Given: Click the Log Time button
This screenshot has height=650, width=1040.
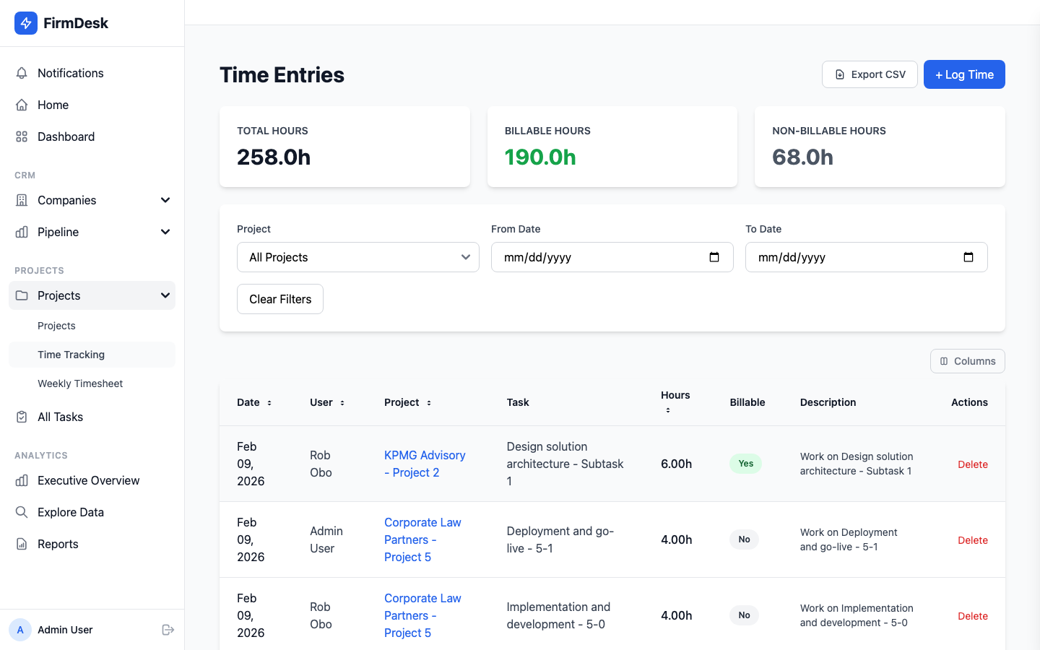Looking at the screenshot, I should [964, 74].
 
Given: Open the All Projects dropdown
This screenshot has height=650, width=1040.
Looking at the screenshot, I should [357, 257].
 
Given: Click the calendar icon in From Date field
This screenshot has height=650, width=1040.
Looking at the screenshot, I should [714, 257].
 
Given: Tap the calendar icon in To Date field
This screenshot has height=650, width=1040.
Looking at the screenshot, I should [968, 257].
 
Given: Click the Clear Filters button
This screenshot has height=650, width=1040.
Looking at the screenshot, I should [280, 299].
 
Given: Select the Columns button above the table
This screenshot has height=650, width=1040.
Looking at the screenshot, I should [967, 361].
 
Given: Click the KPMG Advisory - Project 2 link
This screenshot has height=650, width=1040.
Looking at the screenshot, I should [424, 464].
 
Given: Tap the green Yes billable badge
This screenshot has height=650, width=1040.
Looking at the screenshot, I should [745, 464].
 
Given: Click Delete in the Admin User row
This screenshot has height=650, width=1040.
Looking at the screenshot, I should [972, 540].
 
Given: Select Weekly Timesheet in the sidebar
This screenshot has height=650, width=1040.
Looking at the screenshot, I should [80, 383].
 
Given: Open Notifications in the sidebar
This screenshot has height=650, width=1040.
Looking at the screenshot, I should [70, 73].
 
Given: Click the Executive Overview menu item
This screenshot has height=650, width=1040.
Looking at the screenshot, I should [88, 480].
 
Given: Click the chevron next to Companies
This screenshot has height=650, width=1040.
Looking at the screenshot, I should [165, 200].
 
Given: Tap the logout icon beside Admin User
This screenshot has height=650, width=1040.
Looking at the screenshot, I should [168, 630].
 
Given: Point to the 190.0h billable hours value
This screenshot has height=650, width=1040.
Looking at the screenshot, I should [540, 157].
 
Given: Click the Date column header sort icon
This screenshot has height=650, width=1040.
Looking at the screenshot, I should [269, 403].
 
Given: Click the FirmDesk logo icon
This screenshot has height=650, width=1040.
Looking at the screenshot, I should [26, 23].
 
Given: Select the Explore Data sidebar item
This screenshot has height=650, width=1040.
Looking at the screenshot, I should [70, 512].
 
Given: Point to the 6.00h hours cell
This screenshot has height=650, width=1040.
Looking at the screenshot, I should [676, 464].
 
